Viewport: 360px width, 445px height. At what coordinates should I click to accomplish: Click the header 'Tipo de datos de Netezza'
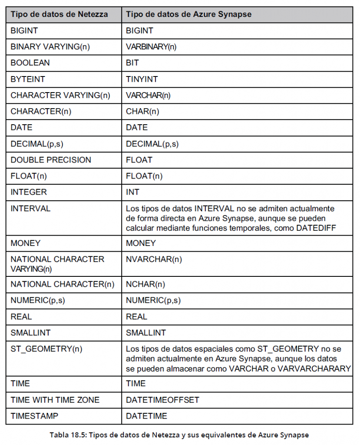click(x=59, y=14)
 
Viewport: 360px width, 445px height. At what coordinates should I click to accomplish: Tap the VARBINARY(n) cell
click(x=151, y=46)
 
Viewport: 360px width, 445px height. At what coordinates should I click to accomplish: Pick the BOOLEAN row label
click(x=30, y=63)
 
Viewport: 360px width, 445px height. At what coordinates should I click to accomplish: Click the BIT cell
click(x=132, y=63)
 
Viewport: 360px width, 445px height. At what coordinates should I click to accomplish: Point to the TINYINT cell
click(x=142, y=79)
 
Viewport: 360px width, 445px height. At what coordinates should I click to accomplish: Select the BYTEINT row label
click(x=28, y=79)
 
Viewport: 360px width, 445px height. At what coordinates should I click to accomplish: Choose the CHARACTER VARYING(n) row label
click(x=60, y=95)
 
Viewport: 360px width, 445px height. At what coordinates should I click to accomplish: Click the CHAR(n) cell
click(x=142, y=111)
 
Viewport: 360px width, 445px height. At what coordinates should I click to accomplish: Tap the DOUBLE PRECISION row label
click(x=51, y=160)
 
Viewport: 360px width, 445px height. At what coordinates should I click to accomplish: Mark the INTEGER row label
click(x=29, y=192)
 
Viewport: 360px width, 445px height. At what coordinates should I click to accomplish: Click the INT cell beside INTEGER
click(x=133, y=192)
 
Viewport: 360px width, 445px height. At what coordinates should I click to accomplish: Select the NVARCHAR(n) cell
click(x=154, y=259)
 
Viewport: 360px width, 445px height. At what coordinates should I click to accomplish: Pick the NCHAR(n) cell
click(x=145, y=284)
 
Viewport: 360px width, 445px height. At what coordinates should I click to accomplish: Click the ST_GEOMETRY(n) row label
click(x=46, y=349)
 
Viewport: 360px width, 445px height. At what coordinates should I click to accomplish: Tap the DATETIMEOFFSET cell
click(x=162, y=400)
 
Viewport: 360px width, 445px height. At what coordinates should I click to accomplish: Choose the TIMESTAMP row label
click(x=34, y=416)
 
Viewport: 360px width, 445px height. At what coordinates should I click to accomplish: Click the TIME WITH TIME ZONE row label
click(x=55, y=400)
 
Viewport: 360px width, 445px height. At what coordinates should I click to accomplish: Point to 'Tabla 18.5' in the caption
click(x=66, y=435)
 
